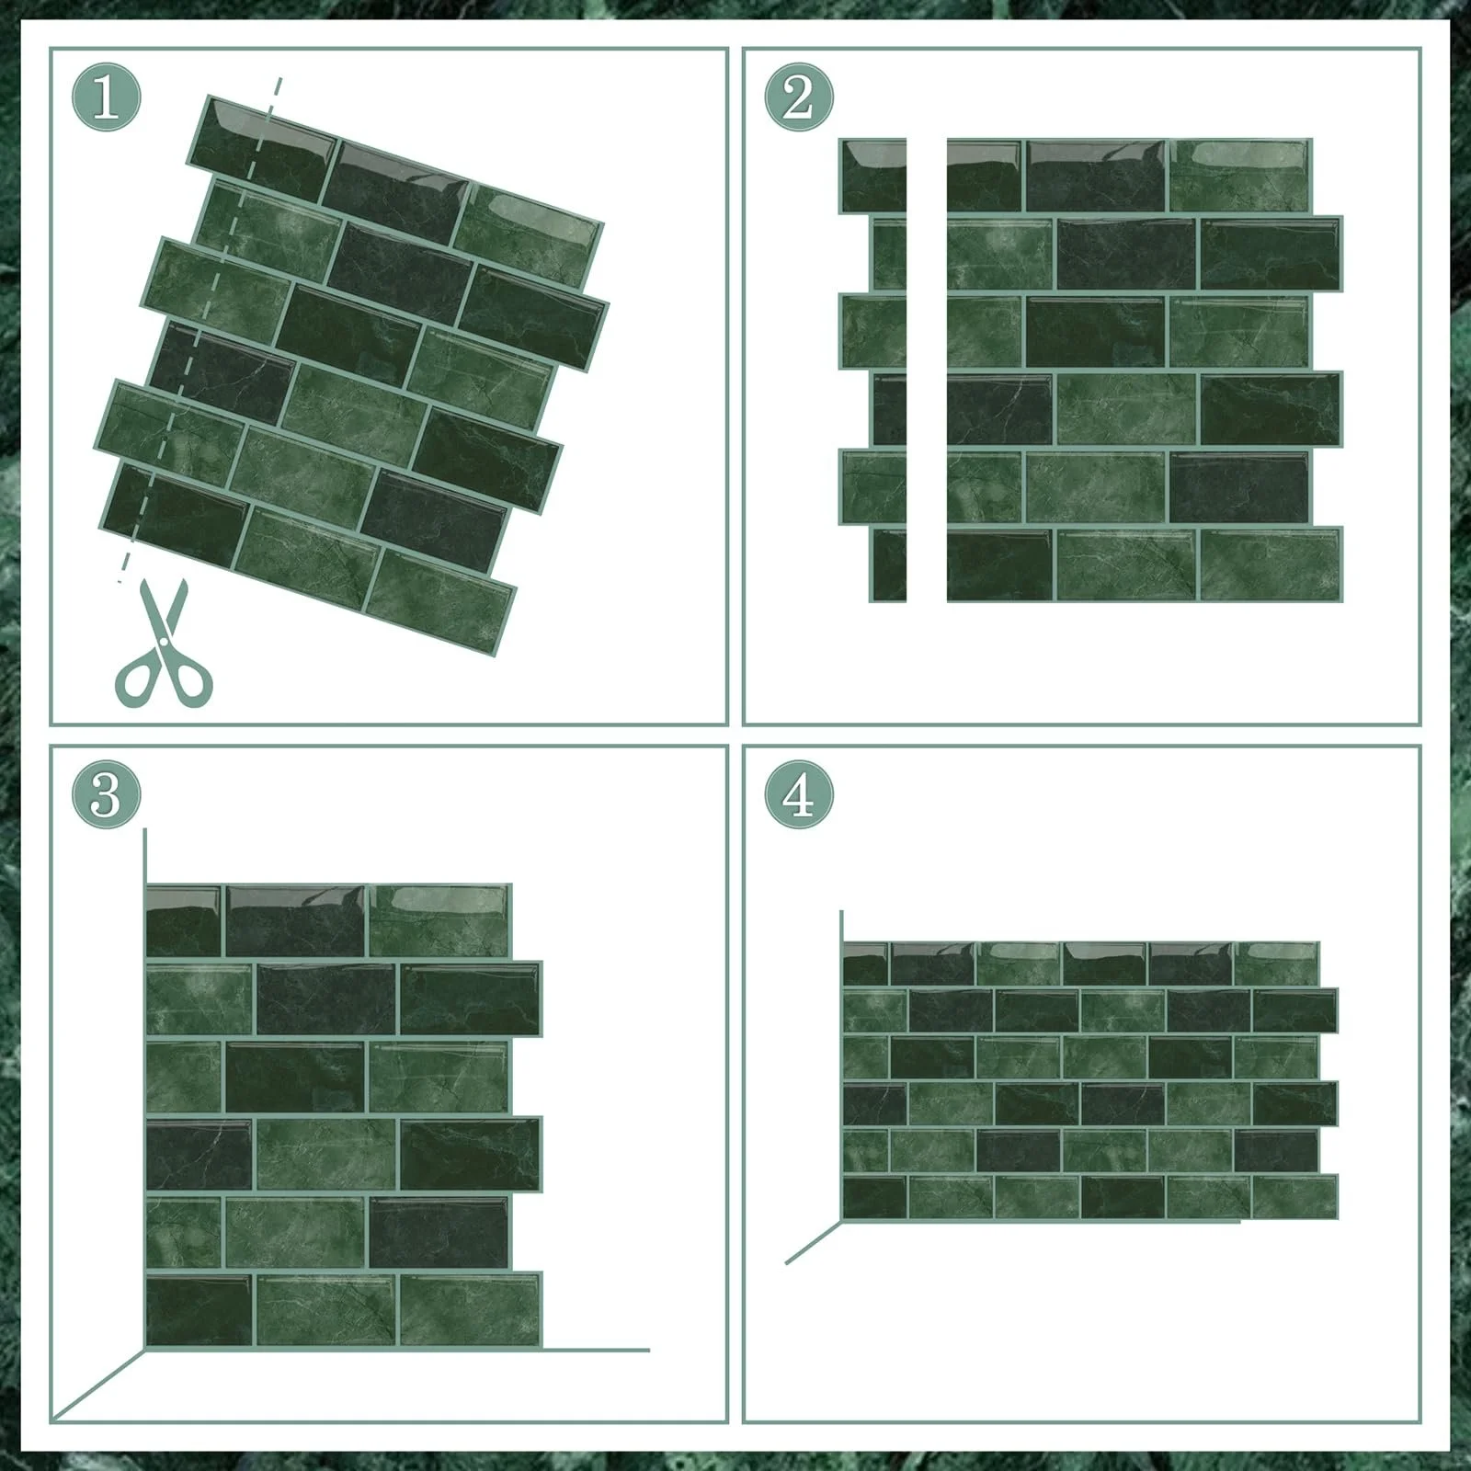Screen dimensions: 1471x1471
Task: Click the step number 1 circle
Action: (107, 97)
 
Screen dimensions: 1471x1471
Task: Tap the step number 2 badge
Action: (799, 97)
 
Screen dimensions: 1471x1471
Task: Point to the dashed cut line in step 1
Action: (200, 331)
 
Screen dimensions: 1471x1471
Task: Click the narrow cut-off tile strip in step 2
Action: (873, 371)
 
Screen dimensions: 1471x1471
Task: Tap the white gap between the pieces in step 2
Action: (927, 371)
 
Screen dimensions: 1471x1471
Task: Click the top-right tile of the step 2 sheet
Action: (1239, 176)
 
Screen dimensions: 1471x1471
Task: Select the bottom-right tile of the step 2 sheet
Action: (1271, 564)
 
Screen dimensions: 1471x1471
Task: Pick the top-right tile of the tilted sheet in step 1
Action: (528, 230)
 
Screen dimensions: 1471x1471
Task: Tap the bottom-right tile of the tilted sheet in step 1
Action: (439, 602)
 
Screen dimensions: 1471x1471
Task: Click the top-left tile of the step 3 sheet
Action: (184, 921)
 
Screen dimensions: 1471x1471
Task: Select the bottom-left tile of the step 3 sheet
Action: (199, 1309)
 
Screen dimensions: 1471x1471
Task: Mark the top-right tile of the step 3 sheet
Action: (439, 921)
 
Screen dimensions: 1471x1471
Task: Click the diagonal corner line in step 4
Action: (814, 1242)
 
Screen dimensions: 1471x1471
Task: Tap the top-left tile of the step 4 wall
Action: (865, 964)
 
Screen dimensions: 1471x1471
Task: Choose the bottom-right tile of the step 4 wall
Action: (1294, 1196)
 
